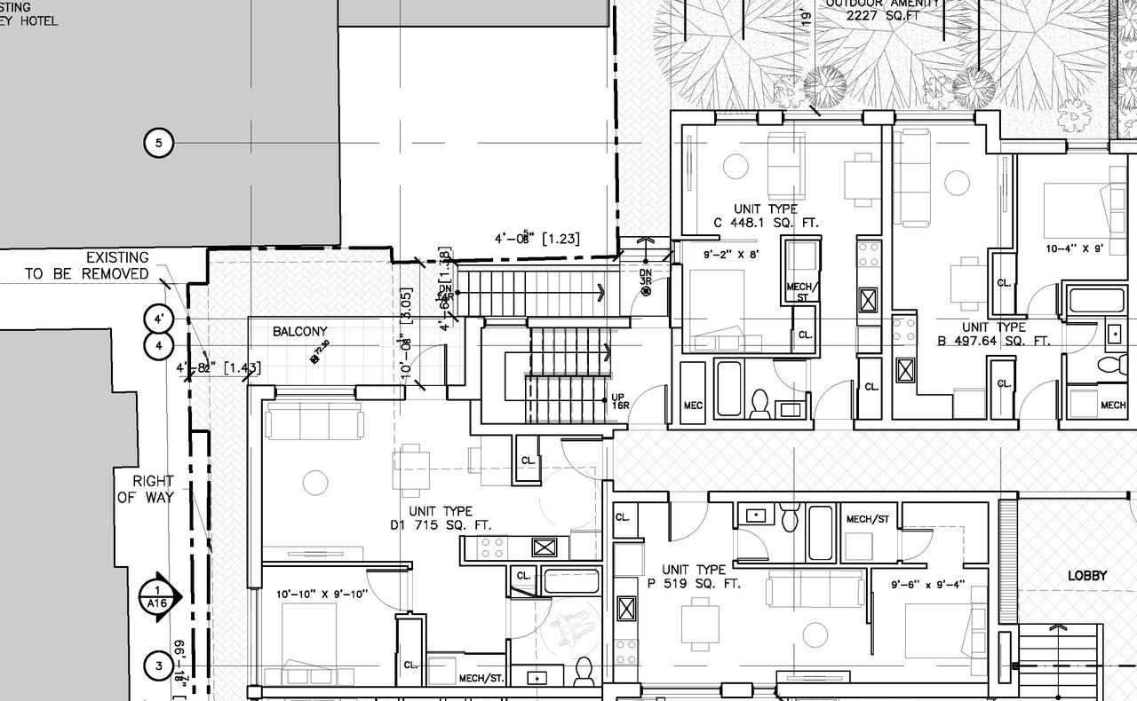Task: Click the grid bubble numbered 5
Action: pyautogui.click(x=158, y=142)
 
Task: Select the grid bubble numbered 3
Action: pyautogui.click(x=158, y=666)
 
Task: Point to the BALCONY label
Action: pyautogui.click(x=299, y=332)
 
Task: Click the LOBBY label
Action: pyautogui.click(x=1087, y=576)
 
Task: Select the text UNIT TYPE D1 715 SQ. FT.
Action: pyautogui.click(x=441, y=519)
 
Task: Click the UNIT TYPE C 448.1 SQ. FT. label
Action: pyautogui.click(x=766, y=216)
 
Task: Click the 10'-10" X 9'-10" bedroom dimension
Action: pyautogui.click(x=322, y=595)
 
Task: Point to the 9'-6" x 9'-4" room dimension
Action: pyautogui.click(x=927, y=585)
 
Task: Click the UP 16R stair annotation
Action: pyautogui.click(x=620, y=401)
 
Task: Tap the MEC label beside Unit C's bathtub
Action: pyautogui.click(x=693, y=406)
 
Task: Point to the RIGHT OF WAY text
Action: pyautogui.click(x=145, y=489)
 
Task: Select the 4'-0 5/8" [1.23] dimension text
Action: pyautogui.click(x=537, y=239)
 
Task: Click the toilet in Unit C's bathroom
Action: pyautogui.click(x=760, y=405)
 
